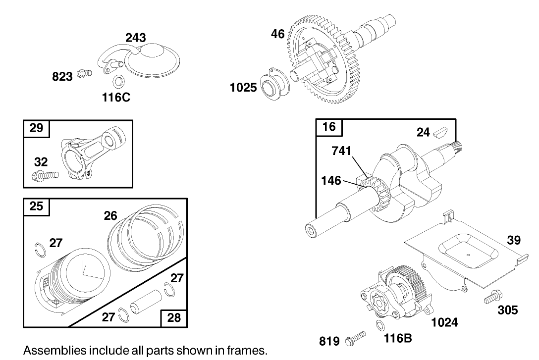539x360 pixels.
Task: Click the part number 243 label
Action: pyautogui.click(x=135, y=38)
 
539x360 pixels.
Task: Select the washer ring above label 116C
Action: pyautogui.click(x=118, y=81)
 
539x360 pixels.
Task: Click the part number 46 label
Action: pyautogui.click(x=277, y=34)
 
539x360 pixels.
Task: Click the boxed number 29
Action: pyautogui.click(x=36, y=128)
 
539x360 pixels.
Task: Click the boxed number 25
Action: pyautogui.click(x=36, y=206)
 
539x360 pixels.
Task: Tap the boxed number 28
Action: pyautogui.click(x=174, y=317)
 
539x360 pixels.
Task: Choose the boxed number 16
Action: pyautogui.click(x=329, y=127)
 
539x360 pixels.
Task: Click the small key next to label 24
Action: pyautogui.click(x=440, y=132)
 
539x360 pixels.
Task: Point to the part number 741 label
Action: pyautogui.click(x=342, y=152)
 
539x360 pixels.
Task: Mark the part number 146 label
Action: pyautogui.click(x=330, y=180)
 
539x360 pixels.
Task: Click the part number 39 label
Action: pyautogui.click(x=513, y=240)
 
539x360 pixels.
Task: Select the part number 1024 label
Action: pyautogui.click(x=444, y=322)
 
